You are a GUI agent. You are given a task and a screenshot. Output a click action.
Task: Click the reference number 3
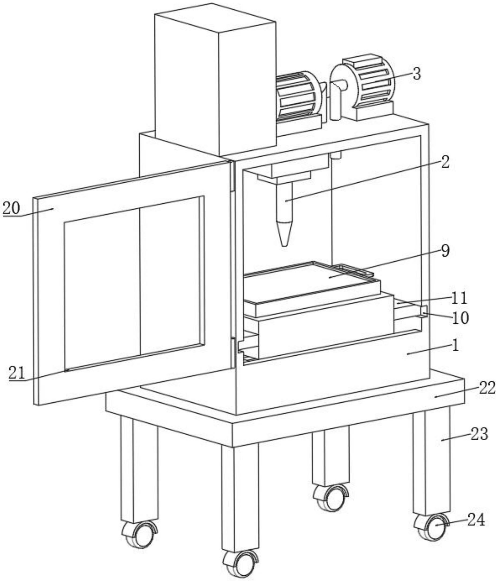[x=417, y=74]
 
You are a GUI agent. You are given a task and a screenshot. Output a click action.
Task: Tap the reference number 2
[x=445, y=162]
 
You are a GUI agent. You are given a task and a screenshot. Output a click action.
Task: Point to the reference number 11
[x=459, y=298]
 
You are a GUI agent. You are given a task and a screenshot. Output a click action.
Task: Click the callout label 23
[x=479, y=434]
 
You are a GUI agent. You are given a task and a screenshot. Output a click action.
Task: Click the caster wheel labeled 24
[x=432, y=527]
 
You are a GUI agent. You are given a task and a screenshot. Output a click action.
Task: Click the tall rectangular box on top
[x=215, y=81]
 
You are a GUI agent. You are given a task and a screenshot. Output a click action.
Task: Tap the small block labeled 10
[x=424, y=312]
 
